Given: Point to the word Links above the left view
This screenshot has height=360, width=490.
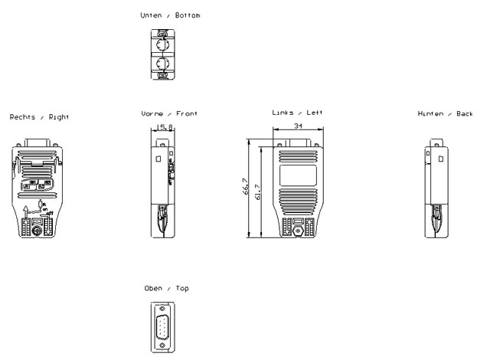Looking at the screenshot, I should click(x=284, y=113).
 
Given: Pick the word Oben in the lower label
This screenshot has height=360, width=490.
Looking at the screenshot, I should click(x=155, y=288).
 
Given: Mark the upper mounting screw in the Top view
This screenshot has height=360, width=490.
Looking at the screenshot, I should click(x=162, y=305).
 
